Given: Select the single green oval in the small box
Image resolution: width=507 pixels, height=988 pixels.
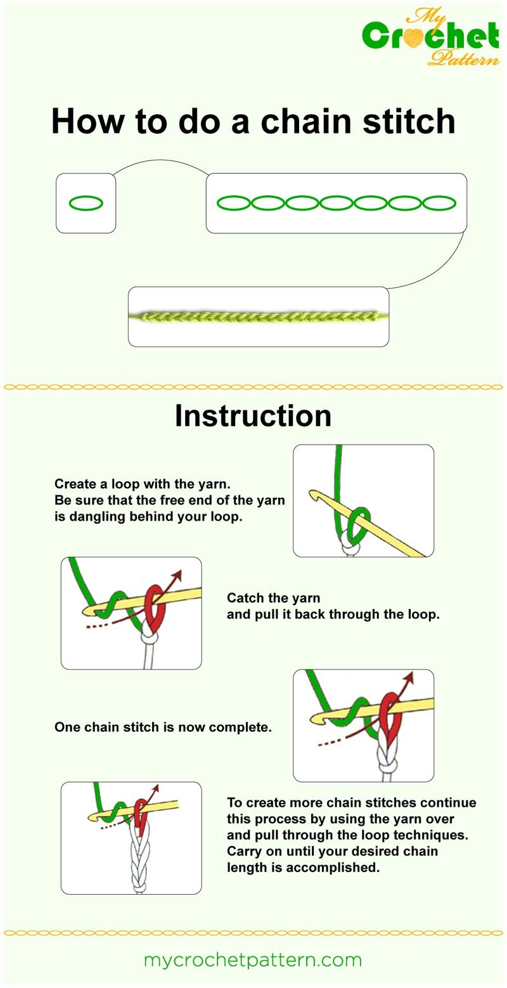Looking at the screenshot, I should pyautogui.click(x=86, y=203).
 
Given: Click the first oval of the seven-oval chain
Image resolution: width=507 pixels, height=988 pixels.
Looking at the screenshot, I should pyautogui.click(x=234, y=203).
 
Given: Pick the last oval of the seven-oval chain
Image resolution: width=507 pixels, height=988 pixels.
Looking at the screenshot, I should pyautogui.click(x=439, y=203).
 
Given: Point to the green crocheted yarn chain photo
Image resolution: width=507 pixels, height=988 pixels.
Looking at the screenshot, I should pyautogui.click(x=259, y=316).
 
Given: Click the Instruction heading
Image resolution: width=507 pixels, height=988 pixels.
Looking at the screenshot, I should pyautogui.click(x=253, y=416).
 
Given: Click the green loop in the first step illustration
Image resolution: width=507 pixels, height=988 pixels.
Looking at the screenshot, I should pyautogui.click(x=361, y=517).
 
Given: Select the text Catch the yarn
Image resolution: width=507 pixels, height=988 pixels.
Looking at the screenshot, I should pyautogui.click(x=273, y=598).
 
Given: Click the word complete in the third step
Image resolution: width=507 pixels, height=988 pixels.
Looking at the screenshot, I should pyautogui.click(x=244, y=727).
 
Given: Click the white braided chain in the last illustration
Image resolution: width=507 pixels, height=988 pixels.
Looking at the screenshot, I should pyautogui.click(x=138, y=859).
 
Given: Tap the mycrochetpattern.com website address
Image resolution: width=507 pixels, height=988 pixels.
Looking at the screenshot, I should pyautogui.click(x=253, y=960).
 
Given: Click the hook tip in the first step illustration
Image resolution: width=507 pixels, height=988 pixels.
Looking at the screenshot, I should pyautogui.click(x=312, y=495).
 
